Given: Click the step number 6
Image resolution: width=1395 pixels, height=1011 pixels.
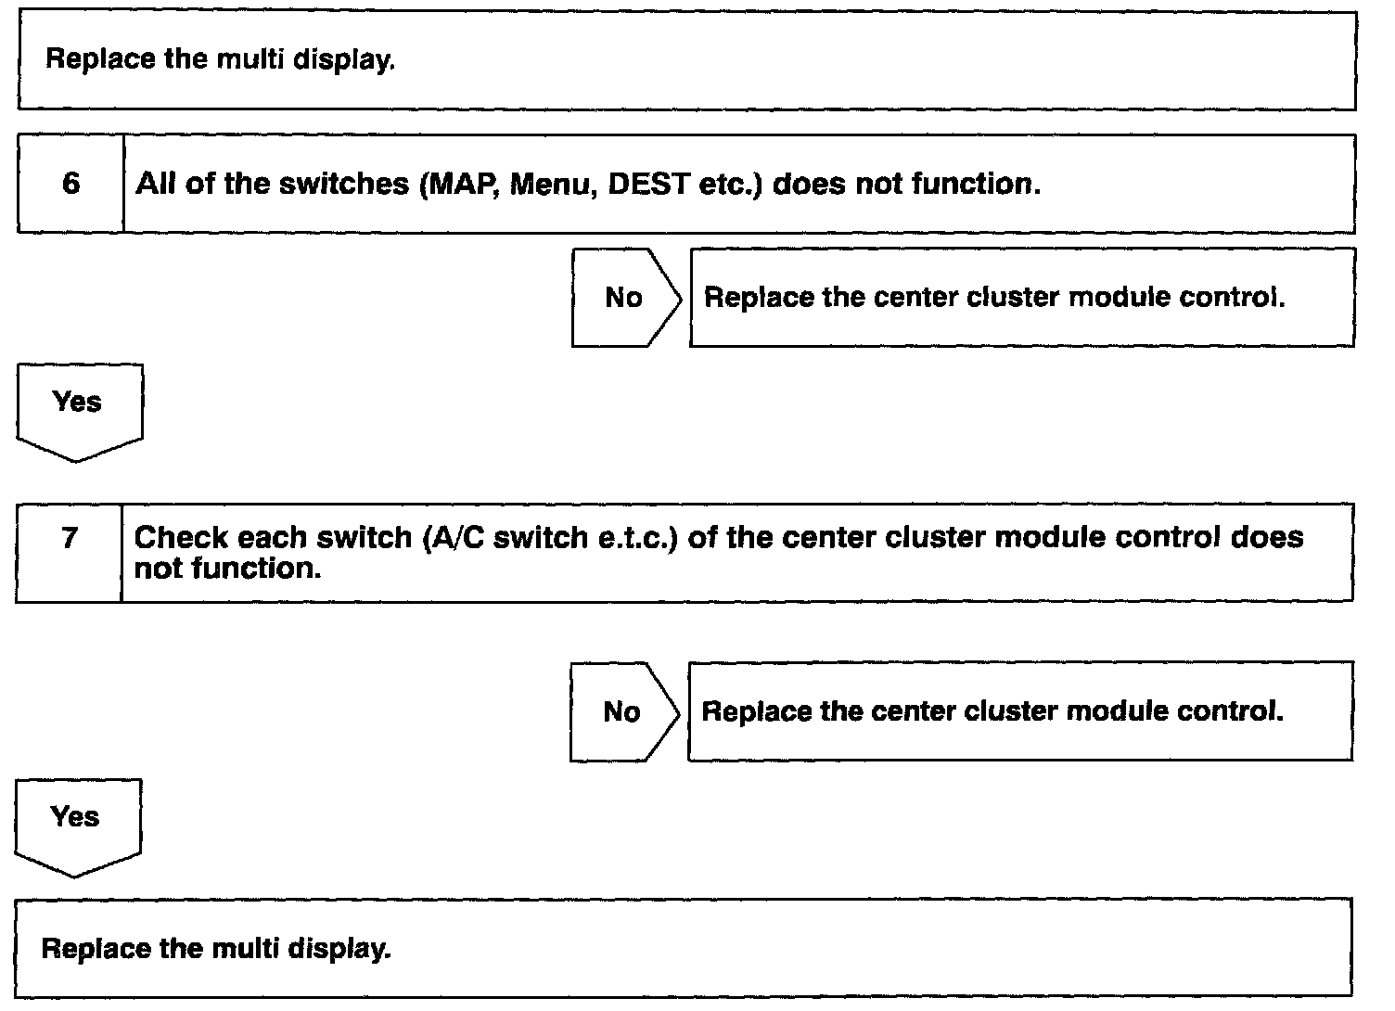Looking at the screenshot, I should click(x=70, y=184).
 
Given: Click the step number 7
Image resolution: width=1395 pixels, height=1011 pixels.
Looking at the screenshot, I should click(x=70, y=538).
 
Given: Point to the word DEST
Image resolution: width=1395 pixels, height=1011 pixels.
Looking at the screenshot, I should click(x=647, y=184).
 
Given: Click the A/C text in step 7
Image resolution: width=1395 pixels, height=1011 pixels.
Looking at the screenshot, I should click(x=456, y=538).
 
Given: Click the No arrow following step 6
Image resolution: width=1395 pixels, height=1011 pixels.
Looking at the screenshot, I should click(x=625, y=298).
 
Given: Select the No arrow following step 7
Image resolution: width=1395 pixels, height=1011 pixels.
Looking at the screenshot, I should click(x=623, y=712).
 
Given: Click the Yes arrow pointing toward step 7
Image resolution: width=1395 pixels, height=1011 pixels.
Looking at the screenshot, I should click(x=78, y=408).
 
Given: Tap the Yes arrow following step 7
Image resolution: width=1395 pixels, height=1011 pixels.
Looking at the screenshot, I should click(x=76, y=823).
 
